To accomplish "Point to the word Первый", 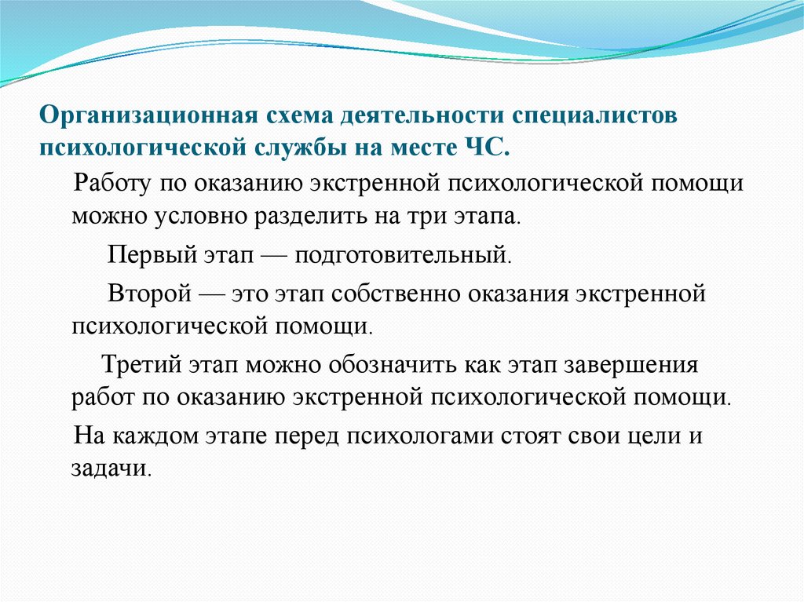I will click(142, 255).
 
